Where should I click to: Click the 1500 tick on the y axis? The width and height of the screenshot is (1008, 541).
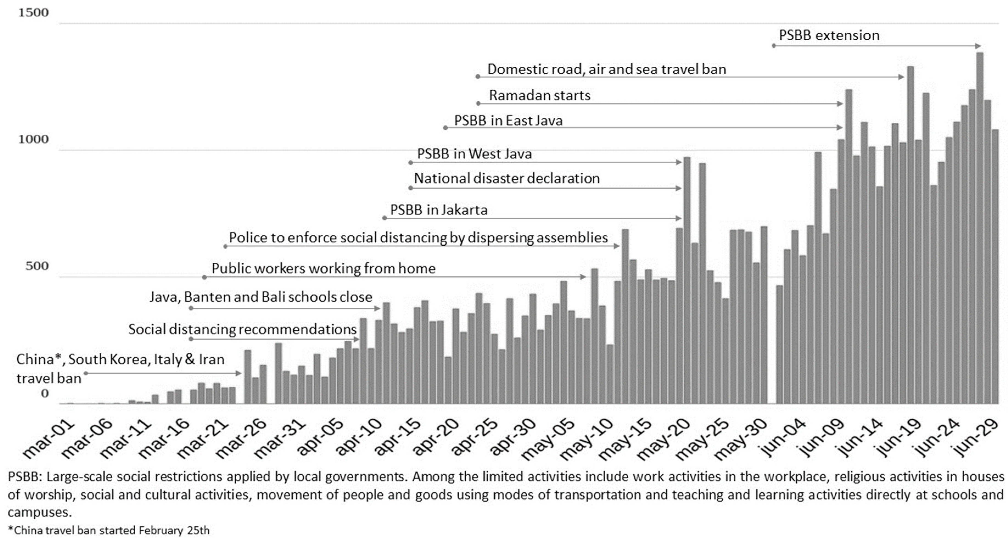coord(33,13)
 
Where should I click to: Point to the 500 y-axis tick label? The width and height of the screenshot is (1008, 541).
coord(37,266)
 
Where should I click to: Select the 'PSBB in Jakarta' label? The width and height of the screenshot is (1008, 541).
coord(439,210)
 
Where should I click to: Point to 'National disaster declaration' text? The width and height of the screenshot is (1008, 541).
coord(507,178)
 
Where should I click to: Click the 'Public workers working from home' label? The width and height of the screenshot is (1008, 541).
coord(323,268)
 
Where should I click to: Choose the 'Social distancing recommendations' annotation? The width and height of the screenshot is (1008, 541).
coord(242,329)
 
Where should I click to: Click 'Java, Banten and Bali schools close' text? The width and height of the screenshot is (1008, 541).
coord(261,297)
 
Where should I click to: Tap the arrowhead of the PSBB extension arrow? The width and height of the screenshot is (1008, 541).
coord(979,46)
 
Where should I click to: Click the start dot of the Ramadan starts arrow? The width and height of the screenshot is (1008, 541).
coord(478,104)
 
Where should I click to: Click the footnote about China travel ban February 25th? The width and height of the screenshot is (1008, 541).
coord(109,531)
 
